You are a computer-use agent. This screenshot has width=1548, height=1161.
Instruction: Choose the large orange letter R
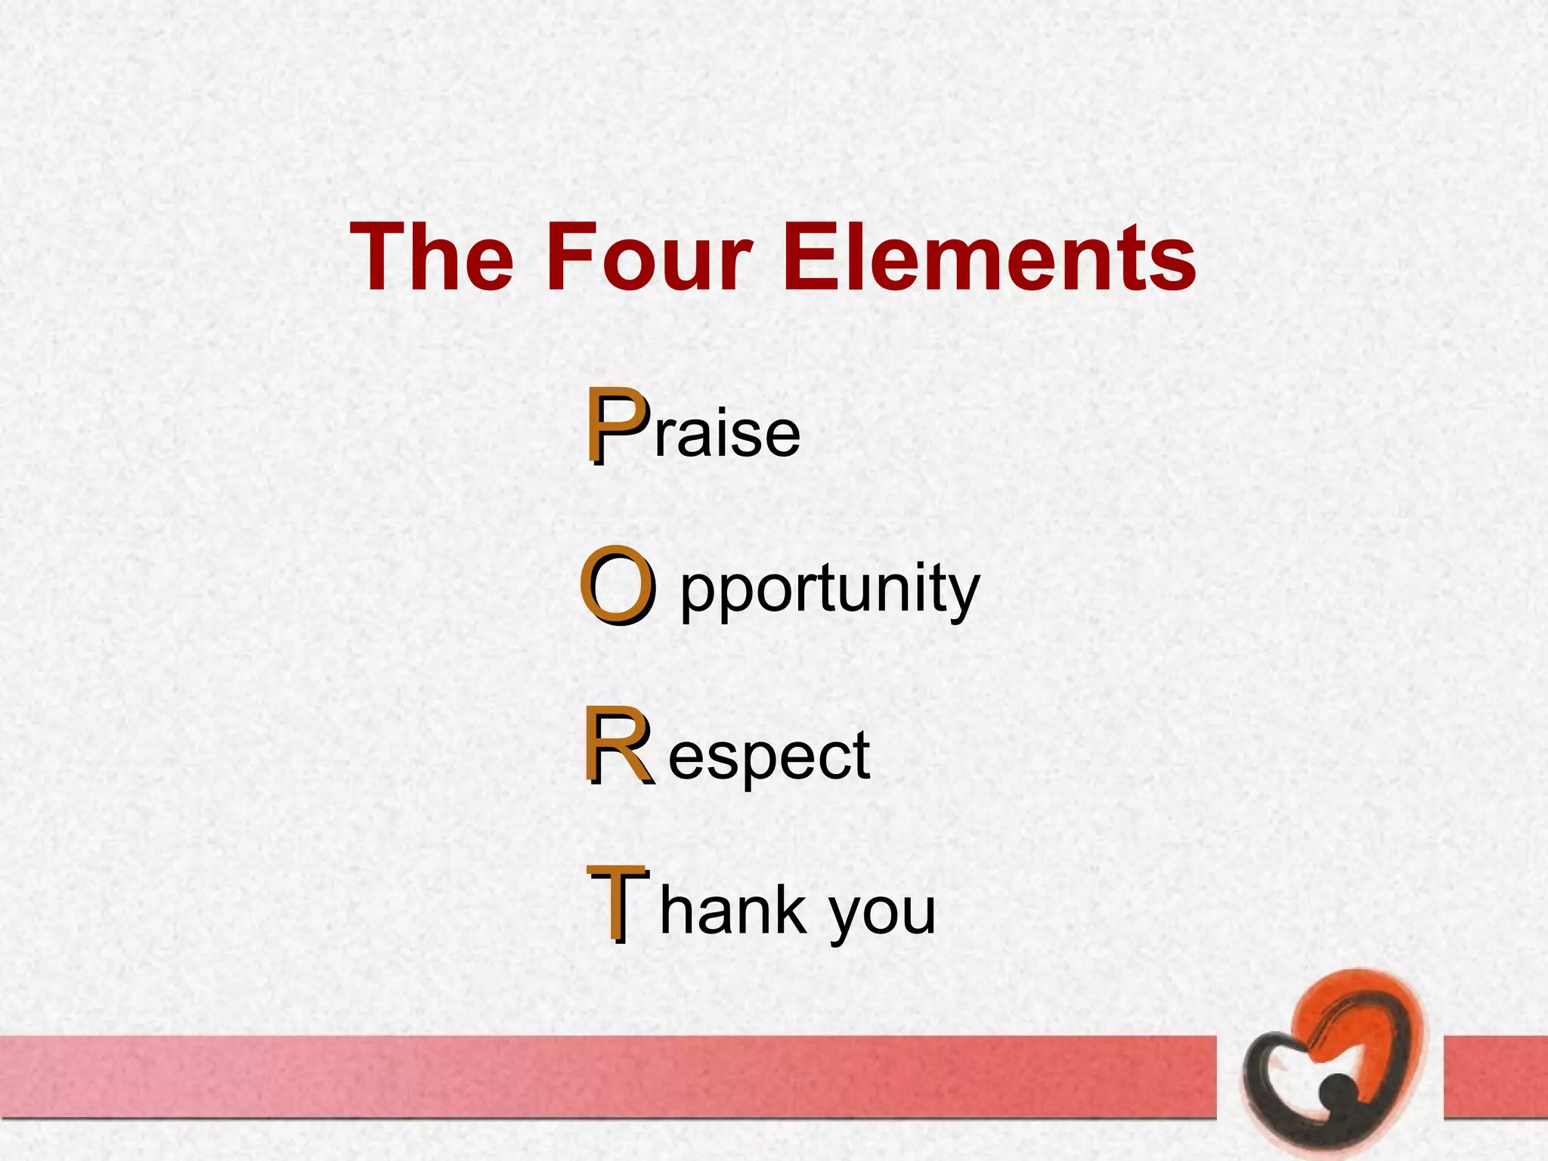click(x=618, y=746)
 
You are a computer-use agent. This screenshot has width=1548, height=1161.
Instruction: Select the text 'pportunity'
click(x=829, y=592)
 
